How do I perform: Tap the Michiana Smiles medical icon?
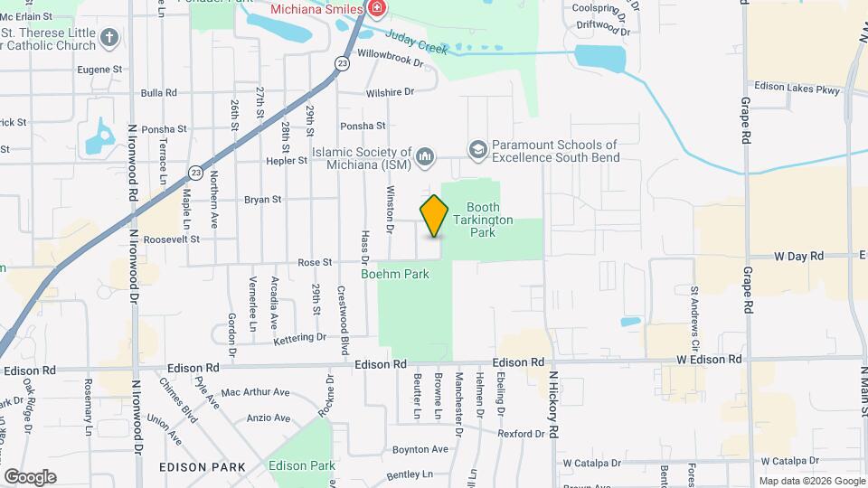click(x=375, y=9)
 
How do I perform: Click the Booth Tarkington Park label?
click(x=489, y=220)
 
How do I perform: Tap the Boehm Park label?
click(x=395, y=273)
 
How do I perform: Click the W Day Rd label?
click(x=799, y=257)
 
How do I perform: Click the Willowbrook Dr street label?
click(x=391, y=63)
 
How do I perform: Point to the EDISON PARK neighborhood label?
click(x=201, y=467)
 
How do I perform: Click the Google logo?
click(x=30, y=476)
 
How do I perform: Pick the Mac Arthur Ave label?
click(x=255, y=392)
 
